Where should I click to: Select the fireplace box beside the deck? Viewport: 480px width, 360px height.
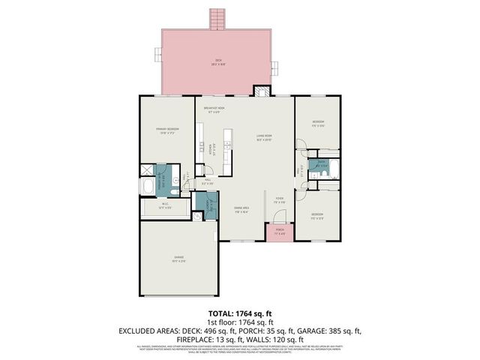pyautogui.click(x=260, y=92)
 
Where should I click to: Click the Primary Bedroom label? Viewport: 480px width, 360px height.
pyautogui.click(x=167, y=130)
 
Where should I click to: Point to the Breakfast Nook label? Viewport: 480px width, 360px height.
pyautogui.click(x=217, y=109)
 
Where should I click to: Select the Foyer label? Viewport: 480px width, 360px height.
pyautogui.click(x=279, y=200)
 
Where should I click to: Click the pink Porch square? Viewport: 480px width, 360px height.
pyautogui.click(x=279, y=232)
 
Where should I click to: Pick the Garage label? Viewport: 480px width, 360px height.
pyautogui.click(x=178, y=260)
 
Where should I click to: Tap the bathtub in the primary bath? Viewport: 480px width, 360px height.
pyautogui.click(x=147, y=184)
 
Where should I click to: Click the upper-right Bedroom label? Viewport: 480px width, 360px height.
pyautogui.click(x=319, y=123)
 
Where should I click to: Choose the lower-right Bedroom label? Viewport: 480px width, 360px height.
pyautogui.click(x=318, y=217)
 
